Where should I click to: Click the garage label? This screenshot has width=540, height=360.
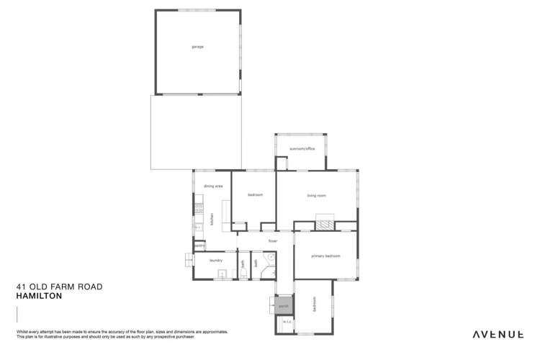[x=197, y=47]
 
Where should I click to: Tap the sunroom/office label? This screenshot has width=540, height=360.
[x=302, y=149]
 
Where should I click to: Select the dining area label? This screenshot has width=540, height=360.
[x=212, y=186]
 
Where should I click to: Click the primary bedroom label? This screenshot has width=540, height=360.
[x=325, y=256]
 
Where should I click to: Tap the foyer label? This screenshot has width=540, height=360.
[x=274, y=240]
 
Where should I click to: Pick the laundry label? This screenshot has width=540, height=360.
[x=215, y=261]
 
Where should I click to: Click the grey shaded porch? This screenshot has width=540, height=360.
[x=284, y=305]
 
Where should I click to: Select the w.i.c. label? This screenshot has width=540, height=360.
[x=285, y=321]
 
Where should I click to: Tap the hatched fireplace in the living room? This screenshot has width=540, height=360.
[x=328, y=223]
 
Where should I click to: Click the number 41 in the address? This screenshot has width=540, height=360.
[x=22, y=287]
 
